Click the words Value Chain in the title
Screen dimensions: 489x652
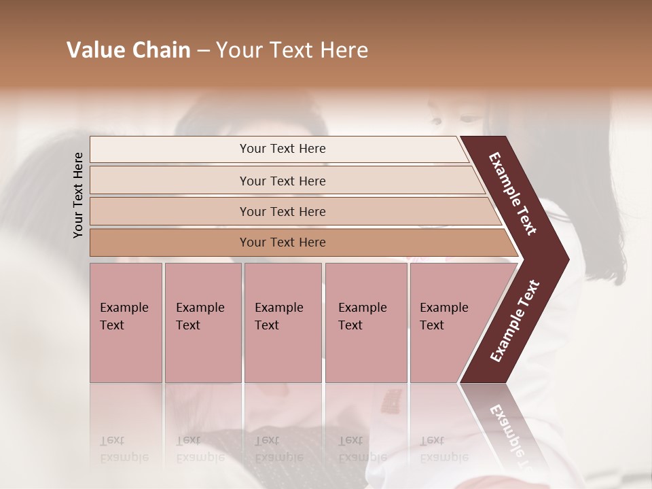(128, 50)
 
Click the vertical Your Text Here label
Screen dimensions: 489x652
(78, 195)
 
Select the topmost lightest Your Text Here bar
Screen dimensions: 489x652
(283, 149)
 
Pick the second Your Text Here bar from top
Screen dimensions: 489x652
(283, 181)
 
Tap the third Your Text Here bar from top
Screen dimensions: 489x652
(283, 211)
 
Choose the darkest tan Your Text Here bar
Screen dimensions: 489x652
(283, 242)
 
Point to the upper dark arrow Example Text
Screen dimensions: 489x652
(513, 194)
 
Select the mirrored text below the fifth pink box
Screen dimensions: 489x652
(443, 448)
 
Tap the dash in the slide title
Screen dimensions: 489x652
(202, 50)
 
